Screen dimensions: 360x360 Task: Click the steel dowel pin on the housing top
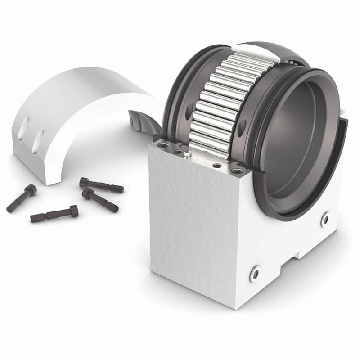click(x=187, y=154)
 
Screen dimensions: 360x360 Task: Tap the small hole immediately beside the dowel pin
click(x=178, y=152)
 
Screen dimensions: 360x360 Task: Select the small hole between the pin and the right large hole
click(x=217, y=166)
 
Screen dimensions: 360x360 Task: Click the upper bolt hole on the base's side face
click(x=325, y=219)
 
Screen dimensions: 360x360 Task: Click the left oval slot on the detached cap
click(x=26, y=124)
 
